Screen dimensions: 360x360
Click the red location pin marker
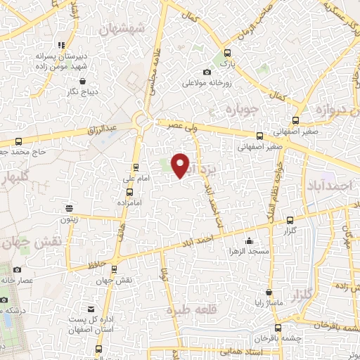[x=181, y=165]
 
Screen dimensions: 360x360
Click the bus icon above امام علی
[x=136, y=167]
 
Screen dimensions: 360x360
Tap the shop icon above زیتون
[x=69, y=208]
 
